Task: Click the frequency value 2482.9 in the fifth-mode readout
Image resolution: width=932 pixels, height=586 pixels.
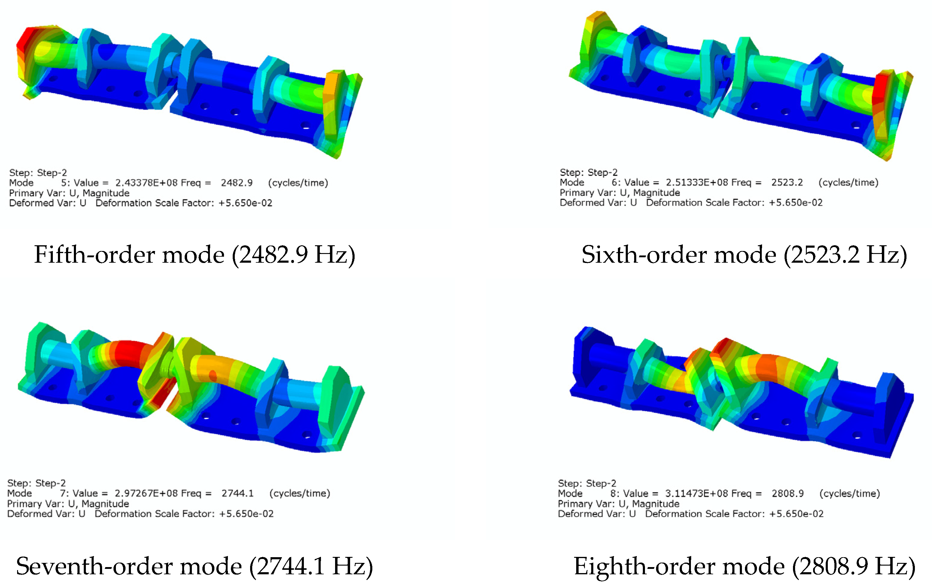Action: click(x=237, y=183)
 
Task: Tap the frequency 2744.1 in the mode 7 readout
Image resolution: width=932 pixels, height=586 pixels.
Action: click(x=237, y=493)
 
